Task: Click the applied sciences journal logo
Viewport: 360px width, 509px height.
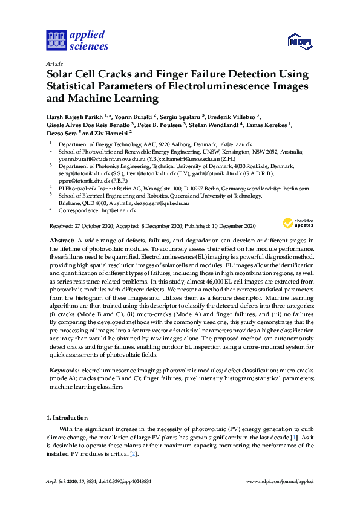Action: coord(77,40)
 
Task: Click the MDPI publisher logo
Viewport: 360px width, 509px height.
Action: coord(299,41)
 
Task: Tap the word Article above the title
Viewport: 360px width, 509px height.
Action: coord(54,63)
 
